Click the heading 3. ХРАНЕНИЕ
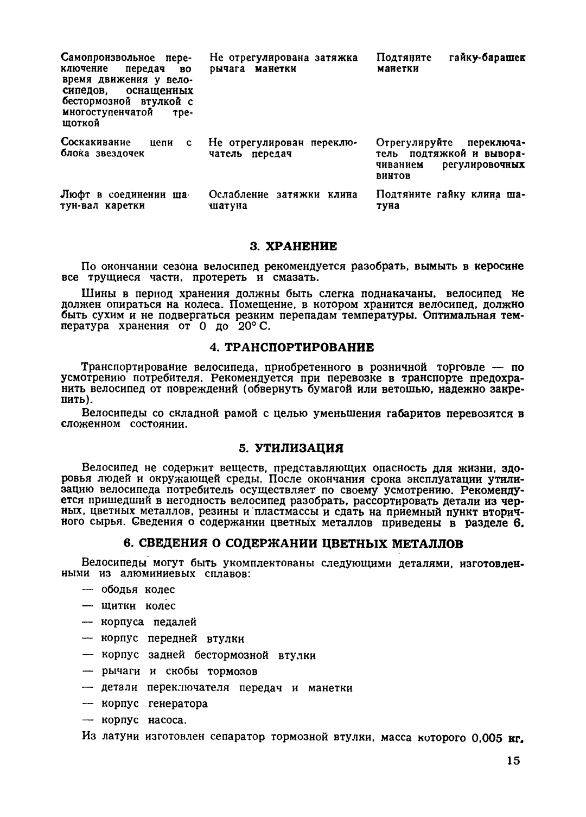point(293,246)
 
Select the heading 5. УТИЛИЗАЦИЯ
point(292,448)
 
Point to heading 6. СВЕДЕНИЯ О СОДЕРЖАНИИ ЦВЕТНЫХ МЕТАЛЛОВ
point(293,543)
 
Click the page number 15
point(514,761)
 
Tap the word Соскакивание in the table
point(95,143)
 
